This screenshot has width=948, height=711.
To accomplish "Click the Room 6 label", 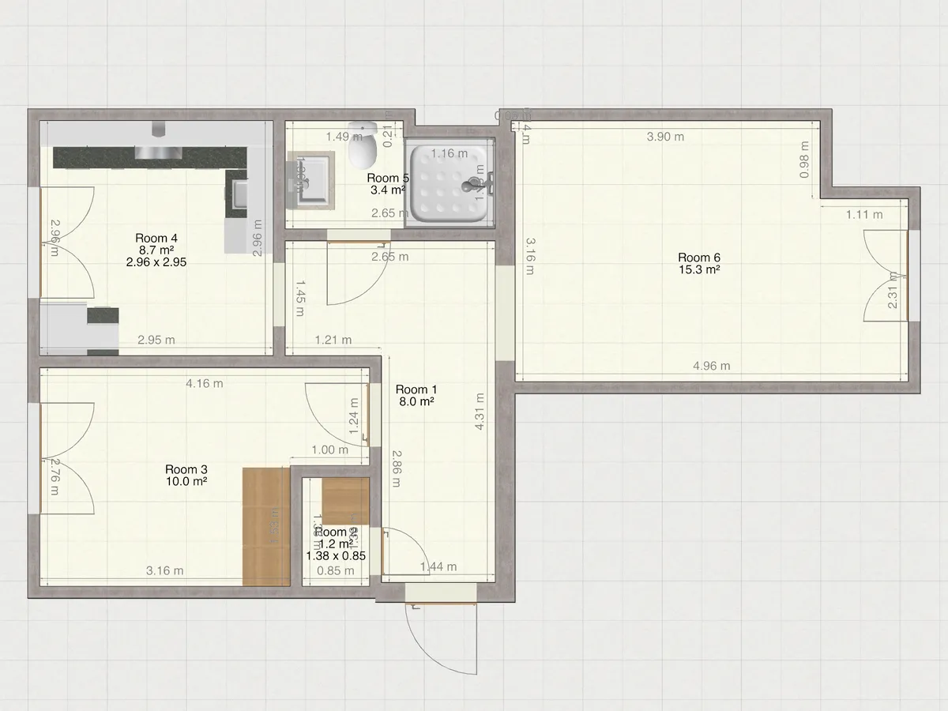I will (698, 258).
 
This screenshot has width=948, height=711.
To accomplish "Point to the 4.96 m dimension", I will (711, 366).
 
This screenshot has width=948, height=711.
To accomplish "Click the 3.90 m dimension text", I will (665, 137).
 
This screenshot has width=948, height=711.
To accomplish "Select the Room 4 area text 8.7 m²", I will (156, 250).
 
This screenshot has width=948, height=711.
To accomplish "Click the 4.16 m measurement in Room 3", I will (204, 384).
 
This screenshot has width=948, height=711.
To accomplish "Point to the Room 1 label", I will (416, 389).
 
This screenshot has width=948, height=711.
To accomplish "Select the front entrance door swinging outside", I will (442, 636).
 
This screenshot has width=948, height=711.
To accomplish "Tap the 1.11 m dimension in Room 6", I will (864, 214).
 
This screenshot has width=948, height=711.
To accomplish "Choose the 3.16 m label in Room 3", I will (165, 571).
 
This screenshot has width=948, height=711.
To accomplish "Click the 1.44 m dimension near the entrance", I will (438, 566).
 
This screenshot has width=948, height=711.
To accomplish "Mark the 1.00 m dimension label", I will (329, 450).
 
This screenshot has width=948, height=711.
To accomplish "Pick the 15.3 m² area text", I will (698, 270).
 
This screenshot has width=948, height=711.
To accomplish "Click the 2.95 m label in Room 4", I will (156, 340).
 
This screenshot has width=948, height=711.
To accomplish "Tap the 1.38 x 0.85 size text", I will (336, 555).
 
